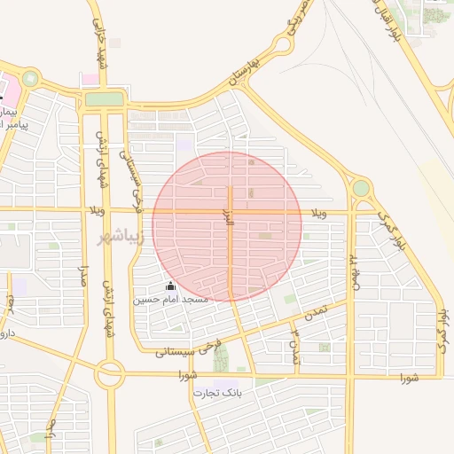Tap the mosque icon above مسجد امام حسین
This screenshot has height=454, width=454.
pyautogui.click(x=170, y=286)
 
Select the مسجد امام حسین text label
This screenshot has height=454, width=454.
pyautogui.click(x=170, y=300)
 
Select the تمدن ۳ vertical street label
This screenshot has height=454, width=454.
pyautogui.click(x=296, y=345)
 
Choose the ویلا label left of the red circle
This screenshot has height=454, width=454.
pyautogui.click(x=93, y=211)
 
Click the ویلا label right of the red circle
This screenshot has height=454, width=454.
pyautogui.click(x=319, y=214)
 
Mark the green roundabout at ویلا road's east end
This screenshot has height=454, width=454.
pyautogui.click(x=361, y=189)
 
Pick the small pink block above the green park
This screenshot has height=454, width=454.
pyautogui.click(x=90, y=80)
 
